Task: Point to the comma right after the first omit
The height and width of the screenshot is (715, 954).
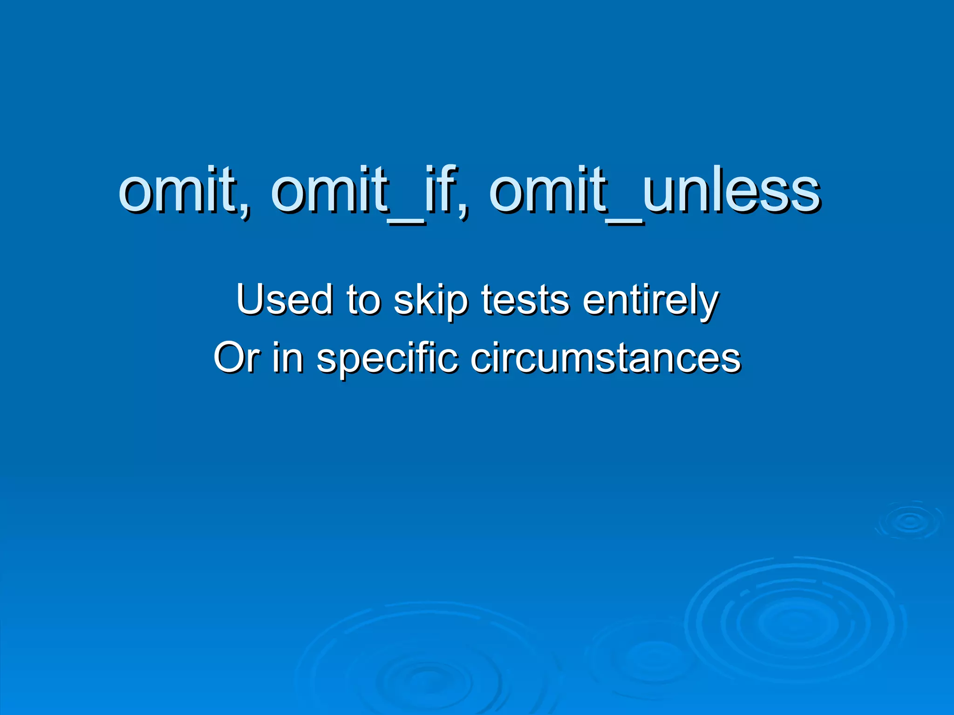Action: pyautogui.click(x=245, y=212)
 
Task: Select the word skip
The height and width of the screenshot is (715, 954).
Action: pyautogui.click(x=431, y=302)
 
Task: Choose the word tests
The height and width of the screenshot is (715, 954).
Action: pyautogui.click(x=525, y=300)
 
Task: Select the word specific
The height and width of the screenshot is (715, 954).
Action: pyautogui.click(x=387, y=359)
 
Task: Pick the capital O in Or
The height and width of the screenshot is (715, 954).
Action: pyautogui.click(x=228, y=357)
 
